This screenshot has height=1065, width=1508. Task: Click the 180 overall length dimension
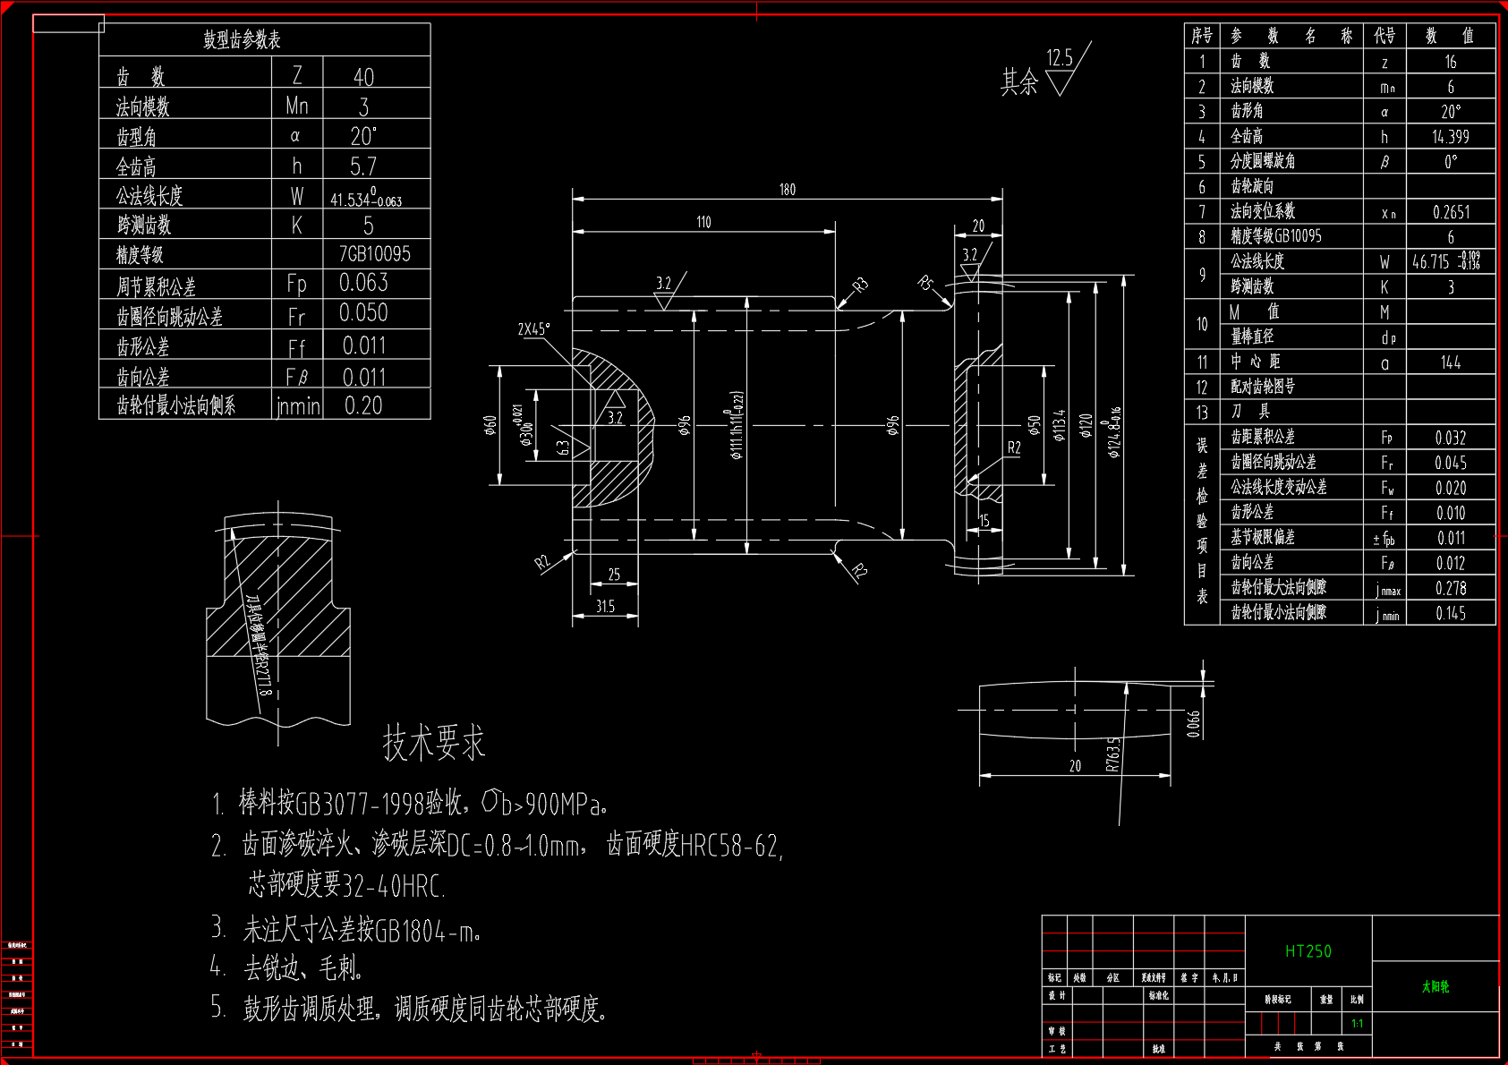787,190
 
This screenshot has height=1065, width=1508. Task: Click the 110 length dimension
703,222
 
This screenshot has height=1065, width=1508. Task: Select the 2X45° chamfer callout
533,329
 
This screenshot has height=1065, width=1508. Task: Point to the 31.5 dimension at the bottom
605,607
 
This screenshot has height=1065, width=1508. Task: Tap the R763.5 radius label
1112,754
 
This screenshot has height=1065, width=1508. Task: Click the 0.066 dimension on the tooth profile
1193,723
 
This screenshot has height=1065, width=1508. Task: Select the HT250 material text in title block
1308,951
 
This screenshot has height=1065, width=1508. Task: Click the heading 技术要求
434,743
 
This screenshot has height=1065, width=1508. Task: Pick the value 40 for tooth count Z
363,77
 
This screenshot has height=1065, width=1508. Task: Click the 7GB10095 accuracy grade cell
374,254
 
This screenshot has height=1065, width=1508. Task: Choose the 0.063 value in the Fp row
363,283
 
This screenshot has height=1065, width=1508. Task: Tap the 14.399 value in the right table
1450,137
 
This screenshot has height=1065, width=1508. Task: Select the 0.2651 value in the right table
1451,212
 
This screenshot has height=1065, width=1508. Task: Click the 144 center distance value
1450,362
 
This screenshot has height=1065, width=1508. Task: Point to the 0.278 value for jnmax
1450,588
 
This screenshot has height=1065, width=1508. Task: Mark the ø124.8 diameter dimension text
1114,432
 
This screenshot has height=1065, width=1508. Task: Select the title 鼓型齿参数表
242,39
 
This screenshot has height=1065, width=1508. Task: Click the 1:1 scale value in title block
1357,1024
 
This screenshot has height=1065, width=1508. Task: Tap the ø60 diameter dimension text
490,425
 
